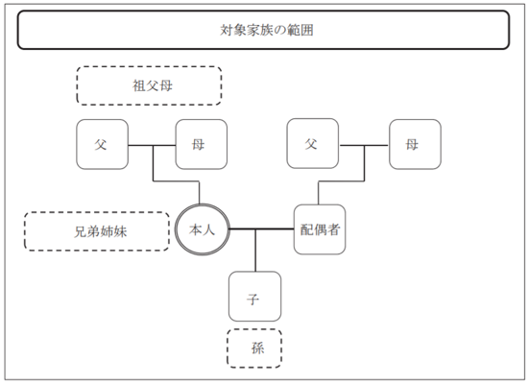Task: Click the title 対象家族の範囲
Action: [267, 30]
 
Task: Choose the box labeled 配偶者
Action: [320, 229]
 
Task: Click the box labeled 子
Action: [255, 297]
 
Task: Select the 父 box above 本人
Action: [103, 144]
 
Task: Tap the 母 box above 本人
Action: [202, 144]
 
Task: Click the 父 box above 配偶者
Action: [313, 143]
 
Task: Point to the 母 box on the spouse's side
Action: [415, 144]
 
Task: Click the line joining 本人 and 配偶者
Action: [262, 229]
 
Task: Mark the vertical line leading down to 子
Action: [255, 251]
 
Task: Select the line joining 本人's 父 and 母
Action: [152, 146]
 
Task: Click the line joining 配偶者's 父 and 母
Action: [364, 146]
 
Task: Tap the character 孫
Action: [257, 348]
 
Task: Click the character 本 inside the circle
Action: [195, 229]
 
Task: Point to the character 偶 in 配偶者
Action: [320, 229]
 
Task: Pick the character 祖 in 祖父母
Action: [139, 85]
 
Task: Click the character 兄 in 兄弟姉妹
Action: [81, 231]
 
